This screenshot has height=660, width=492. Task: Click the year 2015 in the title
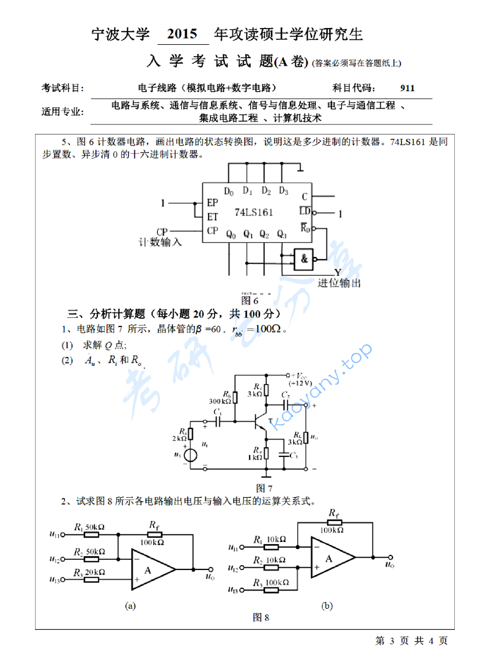(183, 35)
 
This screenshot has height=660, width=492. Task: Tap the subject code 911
(407, 88)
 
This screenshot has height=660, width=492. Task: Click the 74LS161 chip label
(254, 212)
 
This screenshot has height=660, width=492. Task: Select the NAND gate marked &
(304, 259)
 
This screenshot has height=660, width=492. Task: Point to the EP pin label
(213, 203)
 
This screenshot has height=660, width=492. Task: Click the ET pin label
(213, 217)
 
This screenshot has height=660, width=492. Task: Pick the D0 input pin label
(229, 191)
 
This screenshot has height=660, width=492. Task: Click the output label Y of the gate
(337, 272)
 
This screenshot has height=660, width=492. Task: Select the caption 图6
(250, 300)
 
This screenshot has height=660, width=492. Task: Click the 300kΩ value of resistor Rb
(220, 401)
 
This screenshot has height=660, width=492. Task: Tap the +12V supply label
(300, 383)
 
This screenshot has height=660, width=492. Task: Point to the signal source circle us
(190, 455)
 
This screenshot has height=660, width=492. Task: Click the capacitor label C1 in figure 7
(218, 412)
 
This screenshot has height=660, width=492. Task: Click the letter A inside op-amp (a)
(148, 570)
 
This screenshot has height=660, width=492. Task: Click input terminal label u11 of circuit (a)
(54, 534)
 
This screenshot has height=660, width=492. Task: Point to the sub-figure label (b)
(327, 606)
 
